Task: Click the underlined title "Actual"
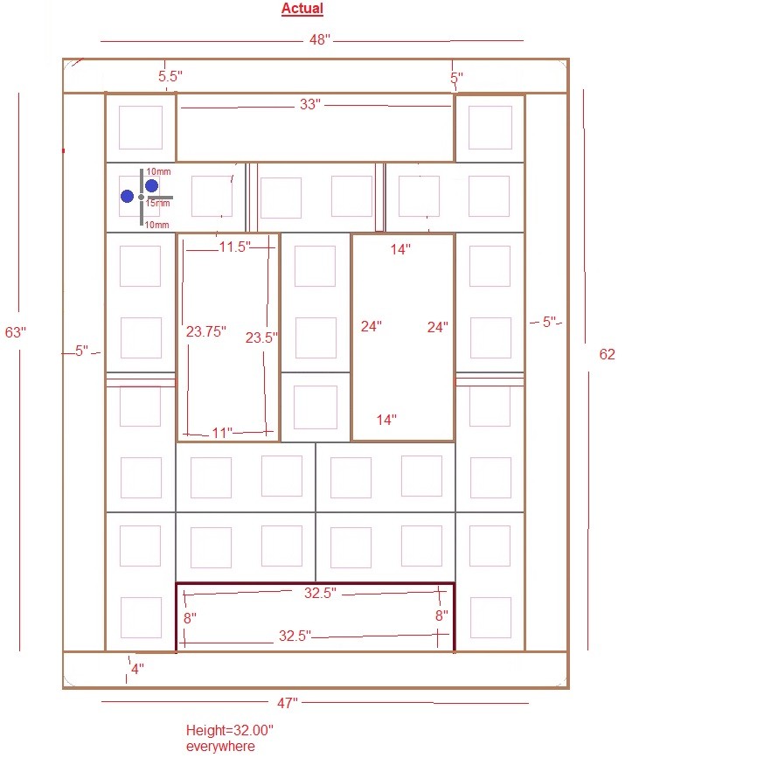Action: point(302,9)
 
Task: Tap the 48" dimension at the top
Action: point(320,39)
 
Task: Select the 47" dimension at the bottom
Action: point(288,703)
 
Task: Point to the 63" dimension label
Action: point(16,332)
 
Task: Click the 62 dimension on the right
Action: point(608,354)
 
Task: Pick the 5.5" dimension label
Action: point(170,76)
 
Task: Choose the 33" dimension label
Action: point(310,104)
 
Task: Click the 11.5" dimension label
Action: point(234,247)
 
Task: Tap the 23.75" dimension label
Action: point(206,331)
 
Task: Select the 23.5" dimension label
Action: point(261,337)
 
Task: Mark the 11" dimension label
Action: point(222,433)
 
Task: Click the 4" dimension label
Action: point(137,669)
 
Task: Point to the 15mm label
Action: point(157,203)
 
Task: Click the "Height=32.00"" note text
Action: point(230,730)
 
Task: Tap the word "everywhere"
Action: point(220,746)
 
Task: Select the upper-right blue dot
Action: point(152,186)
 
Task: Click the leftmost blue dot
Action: point(127,197)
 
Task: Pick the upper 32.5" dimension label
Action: point(320,593)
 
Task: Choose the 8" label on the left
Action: point(190,618)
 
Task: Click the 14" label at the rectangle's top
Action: point(400,249)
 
